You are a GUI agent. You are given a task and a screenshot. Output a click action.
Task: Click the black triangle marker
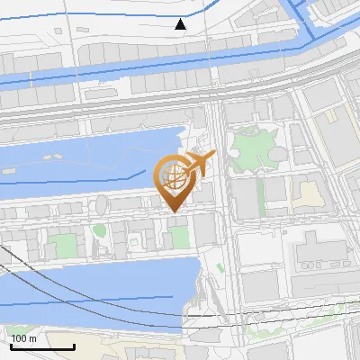(182, 24)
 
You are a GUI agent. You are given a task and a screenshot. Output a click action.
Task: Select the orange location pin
(175, 180)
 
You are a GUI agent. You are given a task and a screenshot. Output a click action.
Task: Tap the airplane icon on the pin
(197, 165)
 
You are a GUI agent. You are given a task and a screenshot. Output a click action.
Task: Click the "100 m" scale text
(23, 338)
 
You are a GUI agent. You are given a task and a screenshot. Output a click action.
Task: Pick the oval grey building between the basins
(103, 206)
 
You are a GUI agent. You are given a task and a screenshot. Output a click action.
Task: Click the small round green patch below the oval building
(99, 231)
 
